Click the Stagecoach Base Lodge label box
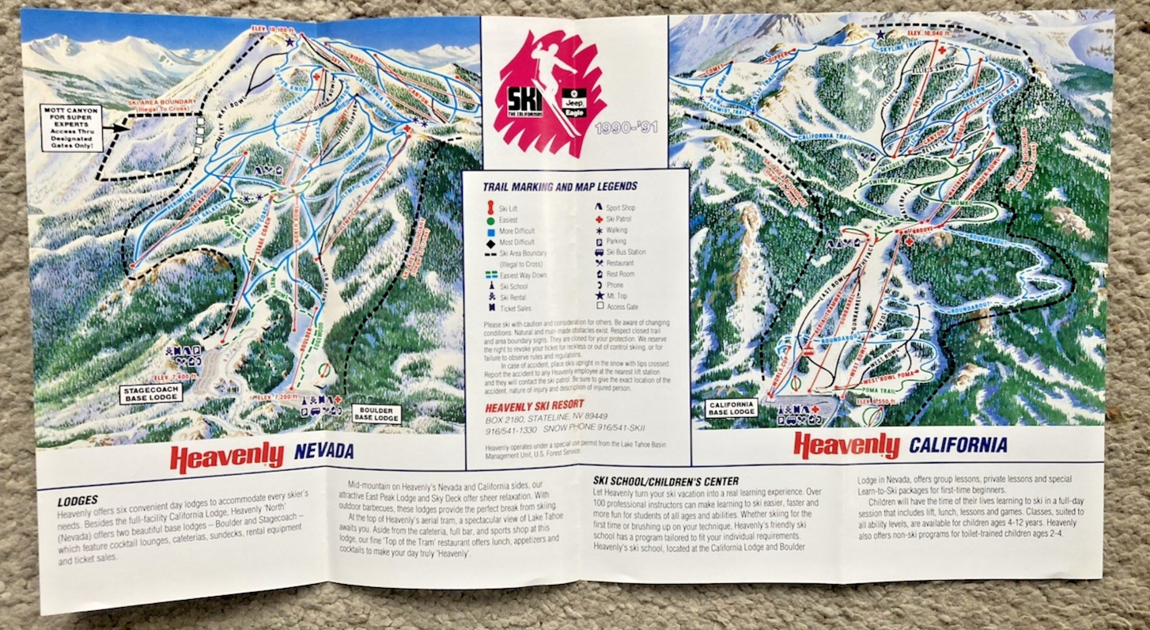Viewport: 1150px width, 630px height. coord(151,393)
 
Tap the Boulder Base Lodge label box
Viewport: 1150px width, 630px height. coord(377,414)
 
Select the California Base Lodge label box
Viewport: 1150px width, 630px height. coord(730,408)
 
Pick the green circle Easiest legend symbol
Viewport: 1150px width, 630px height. coord(490,221)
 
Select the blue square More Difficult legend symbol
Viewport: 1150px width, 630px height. coord(490,231)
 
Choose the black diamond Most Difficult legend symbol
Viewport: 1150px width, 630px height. coord(490,242)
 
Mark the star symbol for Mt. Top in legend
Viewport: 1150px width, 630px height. coord(599,294)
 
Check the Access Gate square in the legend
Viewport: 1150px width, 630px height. coord(599,305)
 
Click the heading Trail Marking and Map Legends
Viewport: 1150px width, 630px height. coord(560,187)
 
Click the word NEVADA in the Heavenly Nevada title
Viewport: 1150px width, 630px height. coord(323,453)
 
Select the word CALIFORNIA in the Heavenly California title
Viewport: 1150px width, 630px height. coord(958,445)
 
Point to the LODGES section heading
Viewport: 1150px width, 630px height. coord(78,501)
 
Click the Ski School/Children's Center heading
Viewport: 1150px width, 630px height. coord(666,481)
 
